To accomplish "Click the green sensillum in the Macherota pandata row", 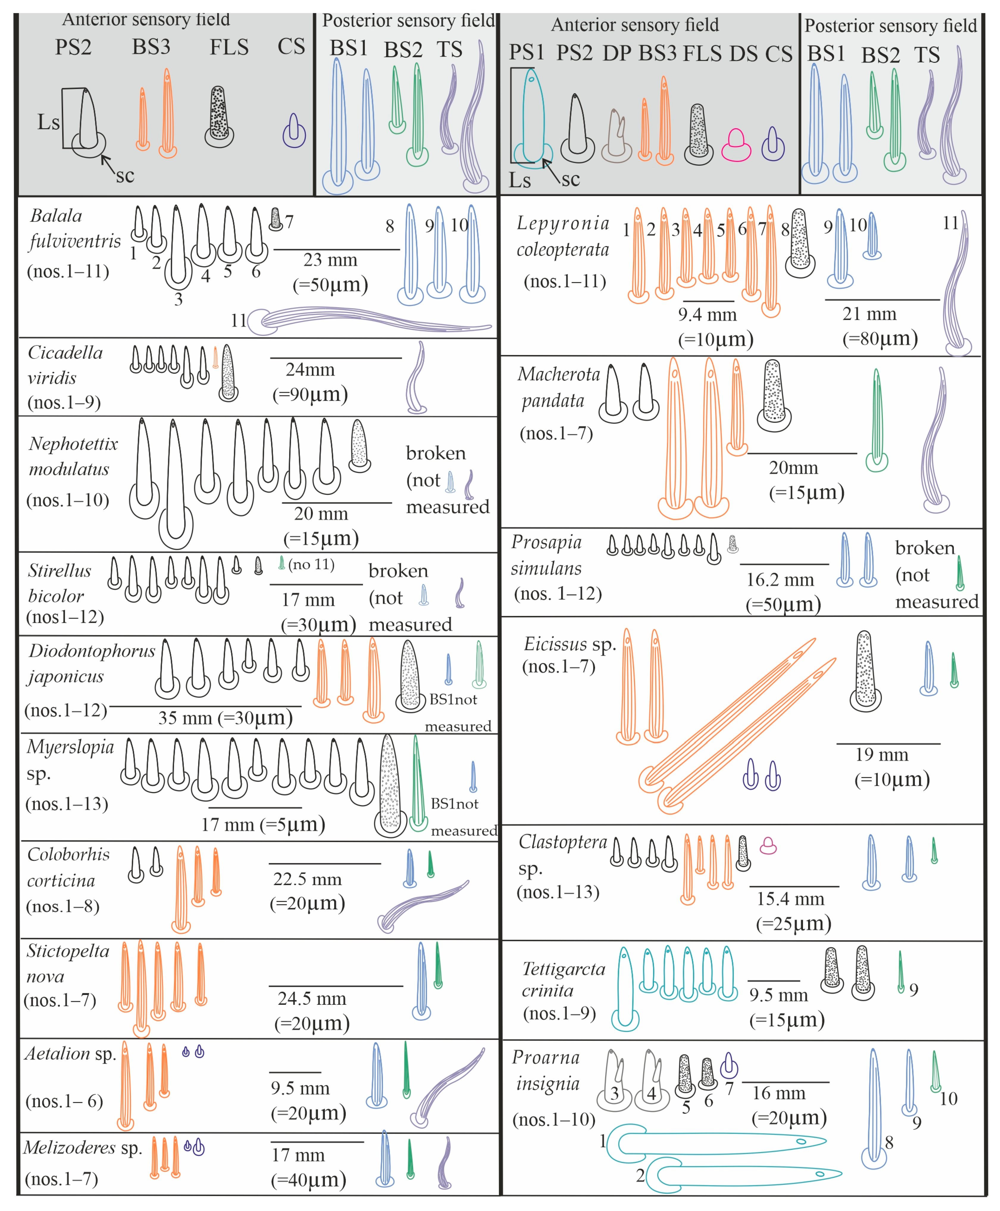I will tap(877, 420).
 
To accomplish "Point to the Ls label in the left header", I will tap(48, 122).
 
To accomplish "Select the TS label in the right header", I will tap(927, 55).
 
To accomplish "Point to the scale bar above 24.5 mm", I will tap(336, 986).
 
